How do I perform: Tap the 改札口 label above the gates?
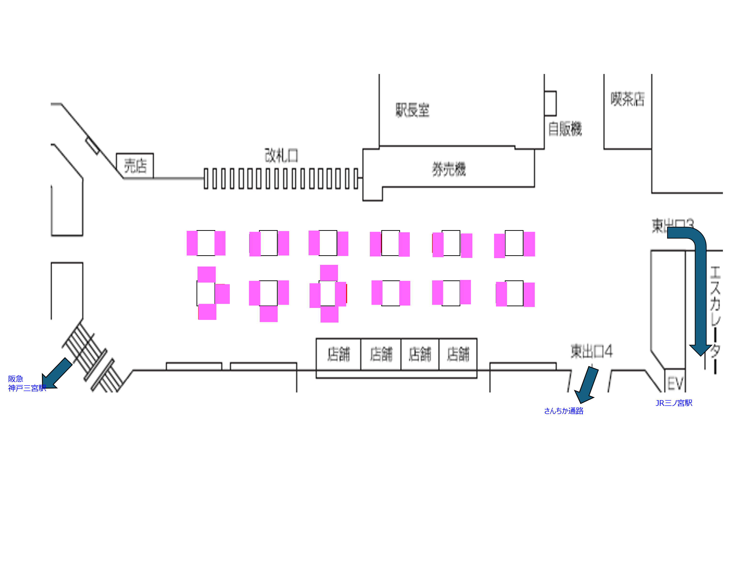click(281, 155)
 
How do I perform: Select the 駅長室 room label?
click(412, 110)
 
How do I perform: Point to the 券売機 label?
click(449, 169)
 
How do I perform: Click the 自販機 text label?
click(565, 129)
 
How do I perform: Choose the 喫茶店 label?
click(627, 99)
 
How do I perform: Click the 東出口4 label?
click(591, 351)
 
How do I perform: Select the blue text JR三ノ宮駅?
click(674, 403)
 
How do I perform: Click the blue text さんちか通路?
click(563, 411)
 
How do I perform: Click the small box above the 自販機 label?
click(550, 103)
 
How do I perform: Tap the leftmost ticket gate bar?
click(206, 179)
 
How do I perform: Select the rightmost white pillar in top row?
click(514, 243)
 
